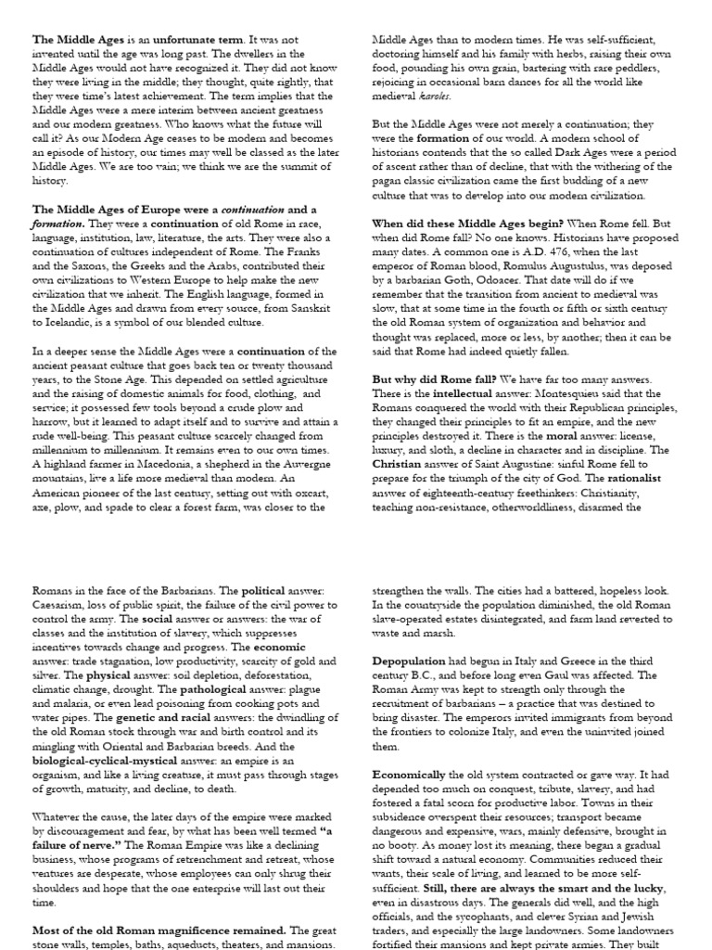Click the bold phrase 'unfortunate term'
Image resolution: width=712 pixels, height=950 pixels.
(185, 40)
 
